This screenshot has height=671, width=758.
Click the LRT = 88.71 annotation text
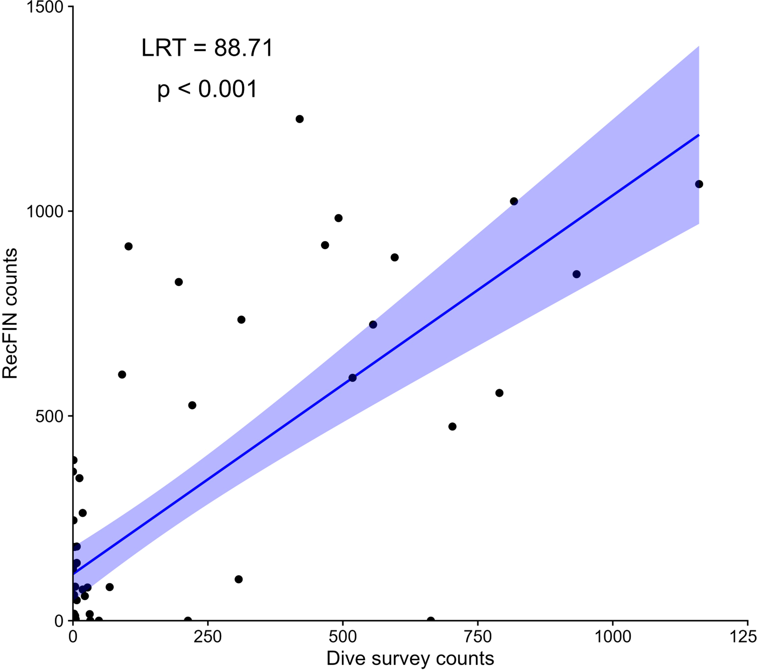point(207,48)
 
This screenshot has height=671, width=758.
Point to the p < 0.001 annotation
point(207,89)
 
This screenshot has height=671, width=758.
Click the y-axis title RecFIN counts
point(10,314)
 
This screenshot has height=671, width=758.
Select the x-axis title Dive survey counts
point(410,658)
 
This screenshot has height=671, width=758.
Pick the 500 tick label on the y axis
point(50,416)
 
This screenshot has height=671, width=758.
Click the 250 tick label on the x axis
point(208,637)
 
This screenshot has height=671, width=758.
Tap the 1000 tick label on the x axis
point(613,637)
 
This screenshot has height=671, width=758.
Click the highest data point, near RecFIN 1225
point(300,119)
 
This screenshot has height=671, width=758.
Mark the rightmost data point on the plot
point(699,184)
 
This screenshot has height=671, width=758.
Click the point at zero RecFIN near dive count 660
point(431,620)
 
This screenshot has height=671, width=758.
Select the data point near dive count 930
point(576,274)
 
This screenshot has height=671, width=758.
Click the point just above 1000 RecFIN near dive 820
point(514,202)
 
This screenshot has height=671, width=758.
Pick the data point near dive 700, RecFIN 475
point(453,427)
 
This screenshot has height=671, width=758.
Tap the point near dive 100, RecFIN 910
point(129,246)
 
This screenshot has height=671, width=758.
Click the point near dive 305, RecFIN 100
point(239,579)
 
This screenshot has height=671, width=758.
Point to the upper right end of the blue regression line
point(699,135)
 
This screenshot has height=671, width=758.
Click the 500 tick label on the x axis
point(343,637)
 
